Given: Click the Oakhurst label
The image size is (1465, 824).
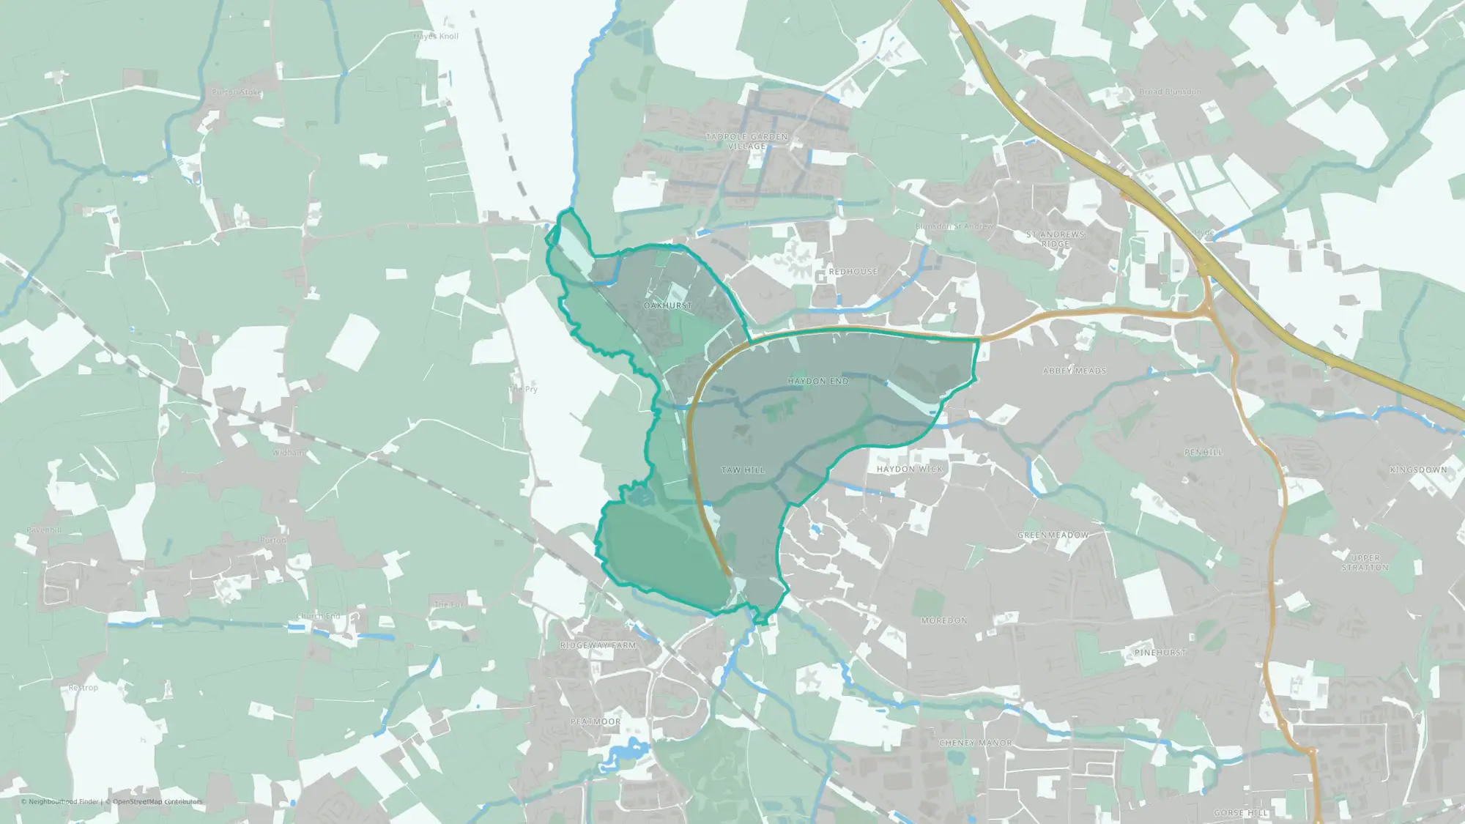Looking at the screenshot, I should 667,305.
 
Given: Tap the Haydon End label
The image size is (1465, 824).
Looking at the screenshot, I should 817,381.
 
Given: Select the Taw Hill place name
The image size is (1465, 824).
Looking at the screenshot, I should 743,470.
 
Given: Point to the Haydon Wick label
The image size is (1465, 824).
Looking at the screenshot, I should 910,469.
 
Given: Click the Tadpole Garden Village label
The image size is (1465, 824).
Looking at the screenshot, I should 746,141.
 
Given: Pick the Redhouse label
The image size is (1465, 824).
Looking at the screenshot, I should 853,272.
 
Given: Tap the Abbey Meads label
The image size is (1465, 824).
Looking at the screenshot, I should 1075,371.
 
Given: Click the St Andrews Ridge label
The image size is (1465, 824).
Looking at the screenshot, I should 1056,239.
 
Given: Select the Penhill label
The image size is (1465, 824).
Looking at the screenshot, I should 1203,453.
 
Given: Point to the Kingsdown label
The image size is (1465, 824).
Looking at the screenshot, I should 1418,469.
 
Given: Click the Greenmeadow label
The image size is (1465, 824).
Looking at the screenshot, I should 1053,535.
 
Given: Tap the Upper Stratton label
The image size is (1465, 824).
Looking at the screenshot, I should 1365,563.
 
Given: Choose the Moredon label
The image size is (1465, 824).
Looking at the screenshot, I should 944,620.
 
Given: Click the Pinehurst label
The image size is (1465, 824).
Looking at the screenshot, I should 1160,653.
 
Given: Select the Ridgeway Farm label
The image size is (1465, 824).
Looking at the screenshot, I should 598,645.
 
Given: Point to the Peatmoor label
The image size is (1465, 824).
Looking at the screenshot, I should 596,721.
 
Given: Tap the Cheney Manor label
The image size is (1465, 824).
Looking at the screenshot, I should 975,743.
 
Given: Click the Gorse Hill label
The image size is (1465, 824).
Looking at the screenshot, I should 1240,813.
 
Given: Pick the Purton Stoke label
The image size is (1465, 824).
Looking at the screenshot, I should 236,93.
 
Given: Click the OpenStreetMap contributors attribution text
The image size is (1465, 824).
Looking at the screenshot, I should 157,801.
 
